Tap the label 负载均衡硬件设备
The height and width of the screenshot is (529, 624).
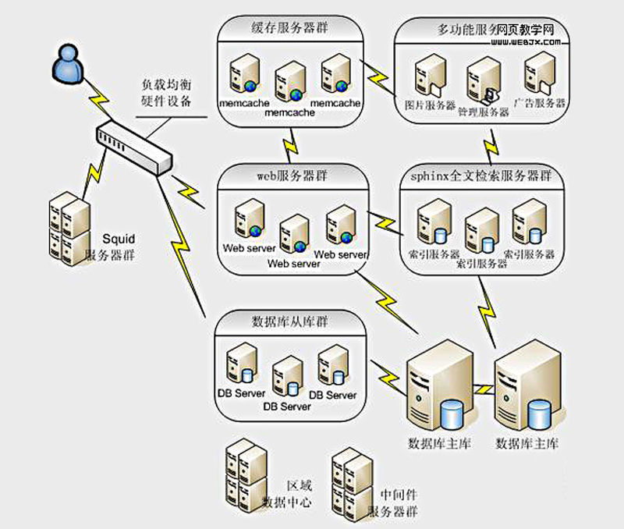pos(165,92)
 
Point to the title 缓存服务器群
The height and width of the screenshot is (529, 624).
pos(290,29)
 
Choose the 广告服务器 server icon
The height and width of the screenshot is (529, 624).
pos(539,74)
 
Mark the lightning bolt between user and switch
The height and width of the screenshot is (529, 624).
pos(99,98)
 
